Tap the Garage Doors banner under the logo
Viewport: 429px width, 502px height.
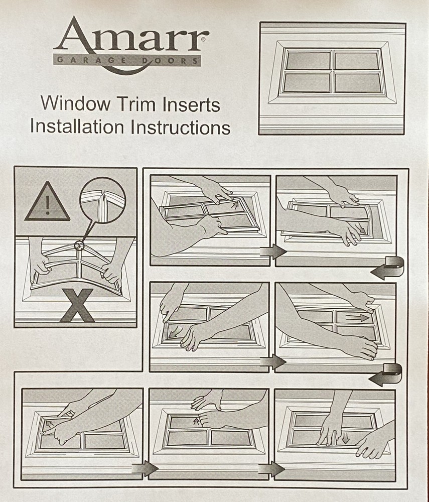click(x=127, y=61)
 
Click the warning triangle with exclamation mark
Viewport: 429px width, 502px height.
click(x=47, y=202)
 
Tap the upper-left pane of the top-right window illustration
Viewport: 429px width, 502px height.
click(x=308, y=61)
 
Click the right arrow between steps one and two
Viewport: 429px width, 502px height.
click(x=273, y=251)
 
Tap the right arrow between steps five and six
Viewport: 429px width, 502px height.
click(x=145, y=469)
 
